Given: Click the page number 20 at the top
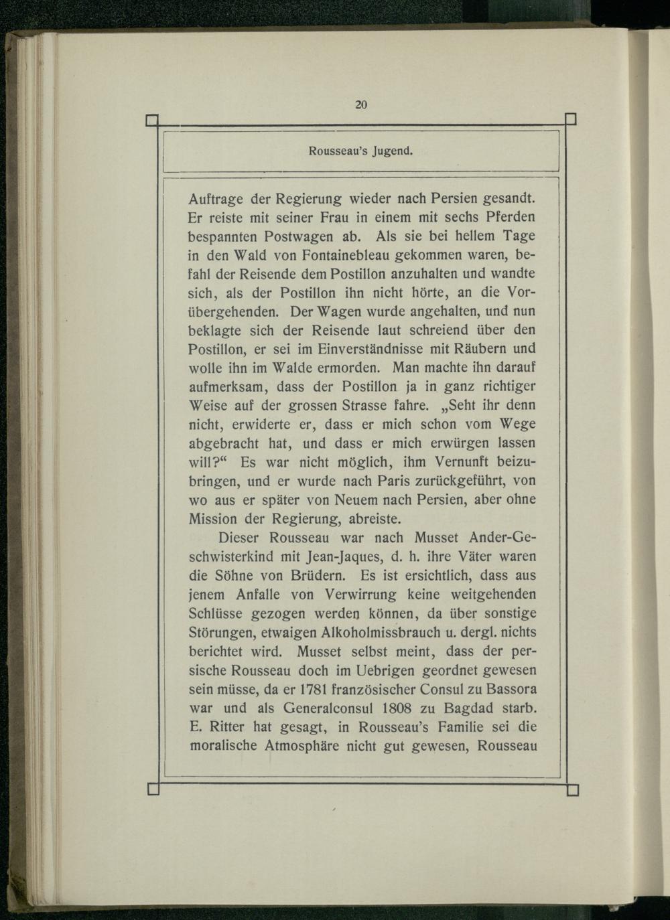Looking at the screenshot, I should [x=361, y=104].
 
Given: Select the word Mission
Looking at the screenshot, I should [x=212, y=518].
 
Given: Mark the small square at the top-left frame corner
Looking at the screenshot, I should [x=151, y=121].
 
